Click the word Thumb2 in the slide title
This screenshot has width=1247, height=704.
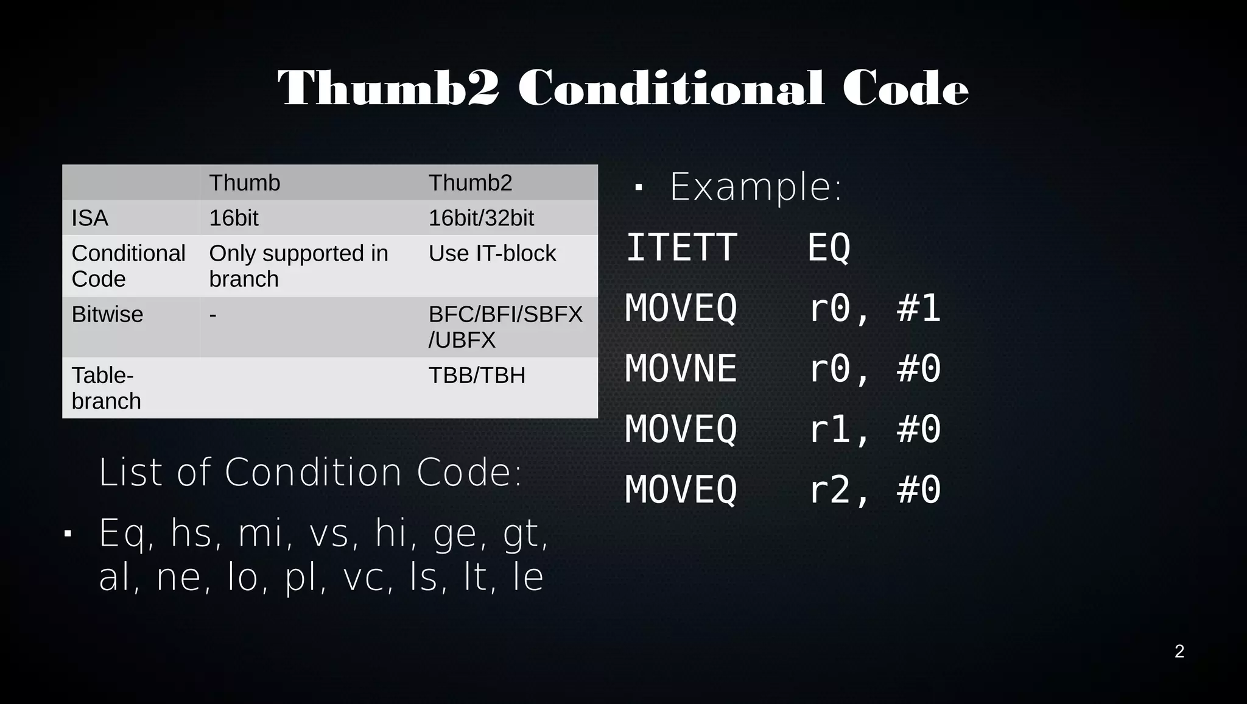388,89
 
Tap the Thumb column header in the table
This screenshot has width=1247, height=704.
244,183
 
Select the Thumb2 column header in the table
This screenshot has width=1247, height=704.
470,183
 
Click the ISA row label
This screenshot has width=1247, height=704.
90,218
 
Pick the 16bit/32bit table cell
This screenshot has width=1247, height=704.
481,218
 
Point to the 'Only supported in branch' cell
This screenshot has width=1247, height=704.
298,266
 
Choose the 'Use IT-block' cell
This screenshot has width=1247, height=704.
492,253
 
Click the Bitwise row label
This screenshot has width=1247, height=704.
107,314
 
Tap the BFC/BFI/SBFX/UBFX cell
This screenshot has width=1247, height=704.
505,326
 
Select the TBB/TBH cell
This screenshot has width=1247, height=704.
477,375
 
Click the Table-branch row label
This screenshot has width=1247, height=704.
106,388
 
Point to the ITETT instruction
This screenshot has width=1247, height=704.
681,248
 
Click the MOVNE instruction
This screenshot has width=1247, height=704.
681,369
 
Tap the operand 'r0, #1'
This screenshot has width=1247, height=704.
874,308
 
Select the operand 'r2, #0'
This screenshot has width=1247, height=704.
874,490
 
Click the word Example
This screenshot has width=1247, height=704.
755,186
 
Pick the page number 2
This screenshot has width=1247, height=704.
1179,652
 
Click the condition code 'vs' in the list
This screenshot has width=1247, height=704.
329,533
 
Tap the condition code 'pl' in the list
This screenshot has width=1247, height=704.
301,577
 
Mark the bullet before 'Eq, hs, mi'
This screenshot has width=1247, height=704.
68,534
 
